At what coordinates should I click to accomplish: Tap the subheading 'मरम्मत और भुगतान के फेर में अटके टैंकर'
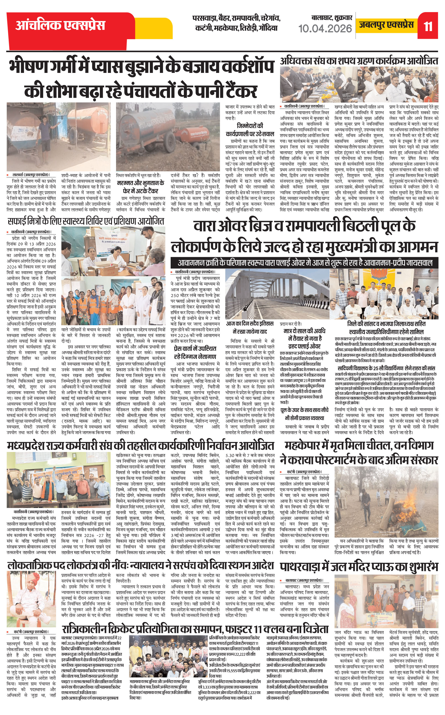pos(141,187)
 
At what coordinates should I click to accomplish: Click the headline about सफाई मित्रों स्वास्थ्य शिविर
pos(85,221)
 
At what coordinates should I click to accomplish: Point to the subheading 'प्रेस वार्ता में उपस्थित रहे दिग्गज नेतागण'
pos(195,353)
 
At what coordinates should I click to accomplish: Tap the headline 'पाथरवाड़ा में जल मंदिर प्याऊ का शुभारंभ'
pos(359,567)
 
